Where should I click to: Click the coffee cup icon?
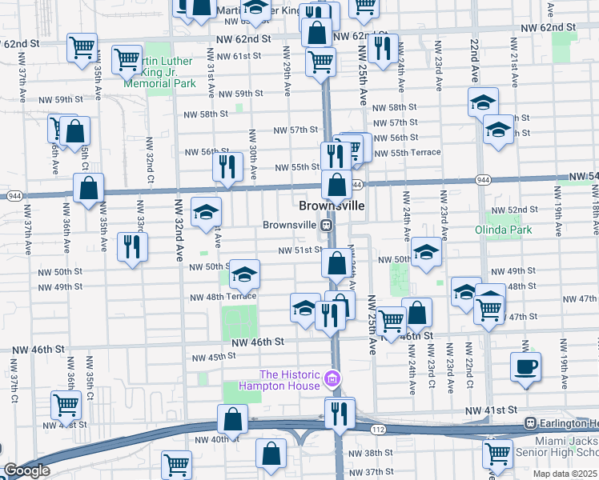pos(525,366)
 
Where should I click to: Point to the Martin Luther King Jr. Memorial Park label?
pos(160,72)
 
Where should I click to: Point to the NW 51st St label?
pos(299,250)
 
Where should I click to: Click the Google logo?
pos(26,470)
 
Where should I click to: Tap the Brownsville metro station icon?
pos(326,226)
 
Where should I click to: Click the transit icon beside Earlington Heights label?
pos(529,422)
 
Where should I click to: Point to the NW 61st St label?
pos(225,56)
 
